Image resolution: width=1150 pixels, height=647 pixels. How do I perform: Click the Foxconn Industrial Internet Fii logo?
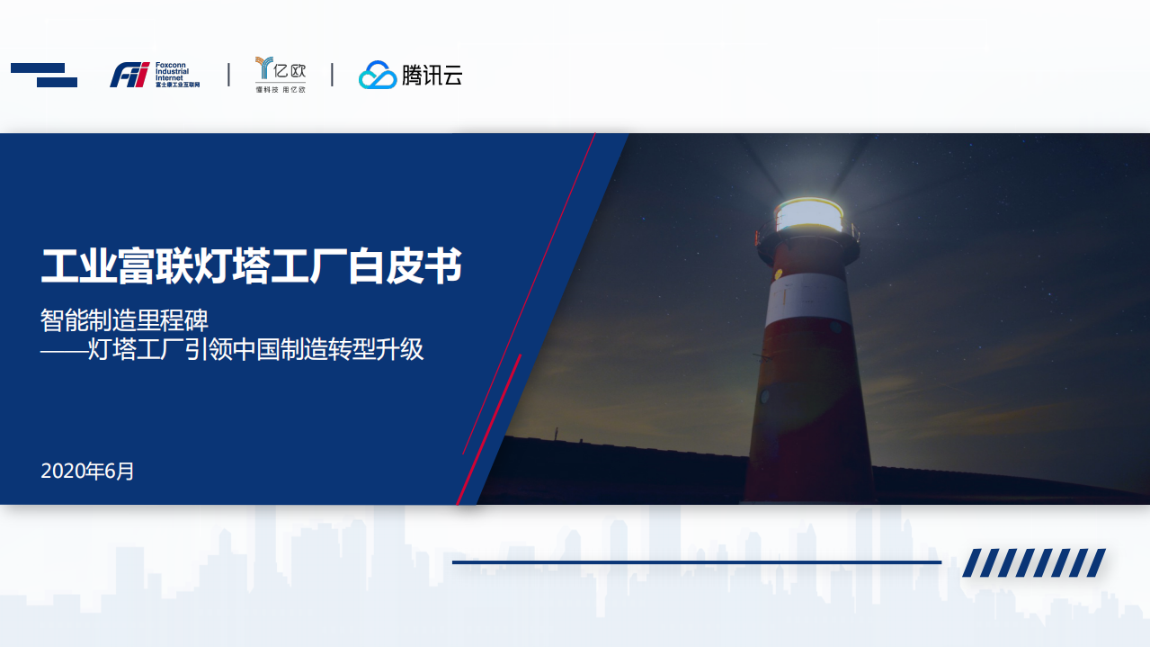130,75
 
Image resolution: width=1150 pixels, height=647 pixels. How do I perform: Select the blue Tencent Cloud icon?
378,76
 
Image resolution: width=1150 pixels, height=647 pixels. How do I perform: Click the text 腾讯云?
432,76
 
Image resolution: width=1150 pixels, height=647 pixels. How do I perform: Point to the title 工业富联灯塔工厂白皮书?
252,266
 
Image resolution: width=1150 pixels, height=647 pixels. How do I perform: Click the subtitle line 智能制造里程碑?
125,319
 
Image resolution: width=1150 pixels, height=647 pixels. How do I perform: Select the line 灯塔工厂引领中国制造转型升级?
255,349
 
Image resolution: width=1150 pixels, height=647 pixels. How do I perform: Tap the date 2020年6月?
87,471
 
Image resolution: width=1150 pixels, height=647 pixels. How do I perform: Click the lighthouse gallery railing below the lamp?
807,240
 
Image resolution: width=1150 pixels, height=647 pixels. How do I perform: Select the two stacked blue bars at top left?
44,75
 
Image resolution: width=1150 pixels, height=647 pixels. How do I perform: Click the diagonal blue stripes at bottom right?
1033,562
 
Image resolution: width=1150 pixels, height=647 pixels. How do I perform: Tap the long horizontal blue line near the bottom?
696,562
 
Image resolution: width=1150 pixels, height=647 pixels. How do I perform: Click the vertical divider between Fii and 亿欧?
228,75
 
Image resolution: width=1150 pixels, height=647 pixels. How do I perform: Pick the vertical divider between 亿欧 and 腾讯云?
332,75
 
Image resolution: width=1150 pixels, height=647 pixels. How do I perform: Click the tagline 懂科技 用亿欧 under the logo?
281,90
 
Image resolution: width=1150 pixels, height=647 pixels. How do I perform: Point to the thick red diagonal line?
490,427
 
